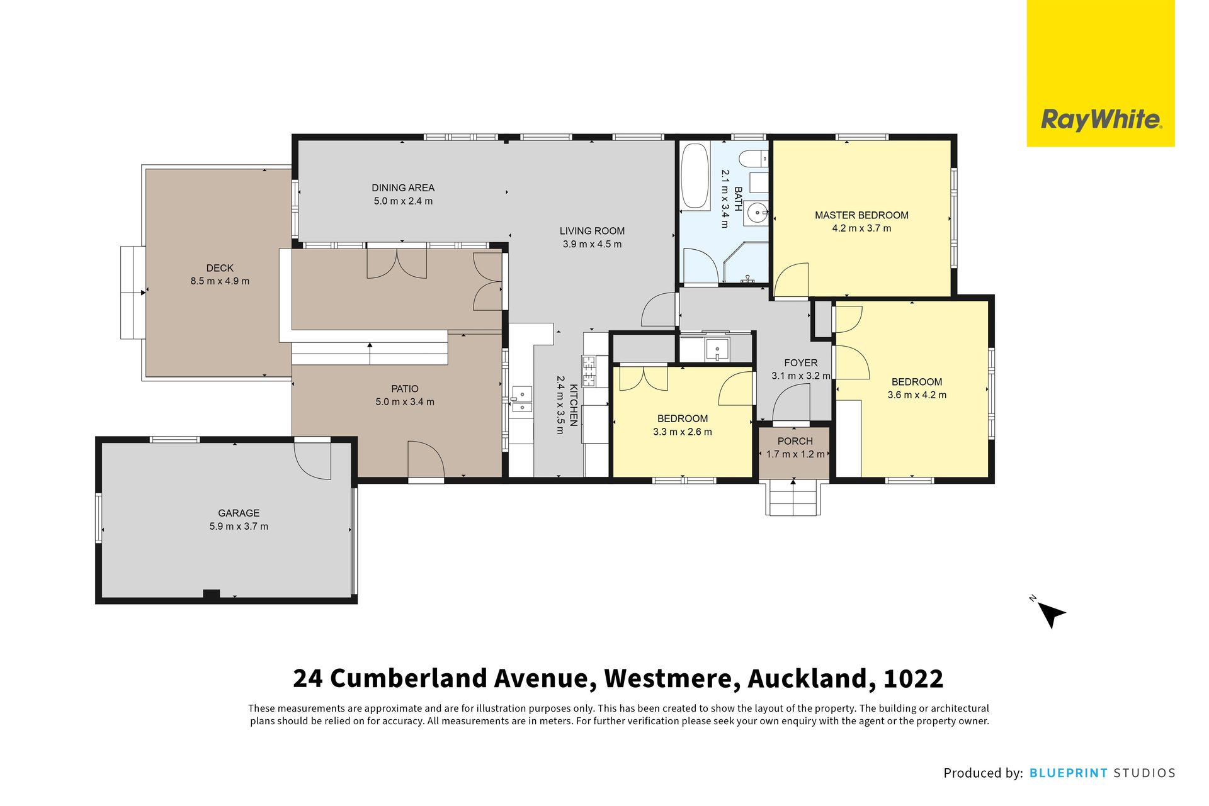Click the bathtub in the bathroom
(695, 176)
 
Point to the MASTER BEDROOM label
(861, 215)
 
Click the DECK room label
(220, 268)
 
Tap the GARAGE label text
(239, 513)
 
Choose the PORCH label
(795, 441)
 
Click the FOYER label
(800, 363)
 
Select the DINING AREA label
(403, 188)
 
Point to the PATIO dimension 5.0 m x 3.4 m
(405, 402)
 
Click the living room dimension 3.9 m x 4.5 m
(592, 244)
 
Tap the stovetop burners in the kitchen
(589, 371)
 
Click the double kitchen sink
(521, 400)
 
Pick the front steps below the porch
(793, 498)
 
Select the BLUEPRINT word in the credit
(1068, 773)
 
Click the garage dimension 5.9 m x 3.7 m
(239, 527)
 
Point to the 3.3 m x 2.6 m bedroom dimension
(683, 432)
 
